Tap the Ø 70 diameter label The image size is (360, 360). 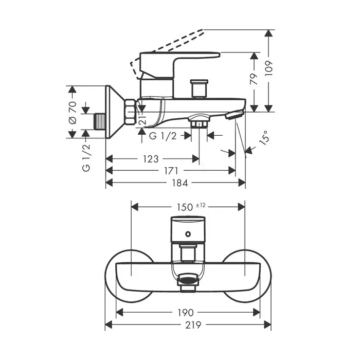pos(72,113)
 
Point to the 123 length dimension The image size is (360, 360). pos(151,159)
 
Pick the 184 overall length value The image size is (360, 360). pos(175,183)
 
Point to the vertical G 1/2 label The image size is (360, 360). pos(86,158)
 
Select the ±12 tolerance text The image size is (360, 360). pos(201,205)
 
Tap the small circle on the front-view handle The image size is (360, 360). pos(188,235)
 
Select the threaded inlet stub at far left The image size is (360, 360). pos(100,120)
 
